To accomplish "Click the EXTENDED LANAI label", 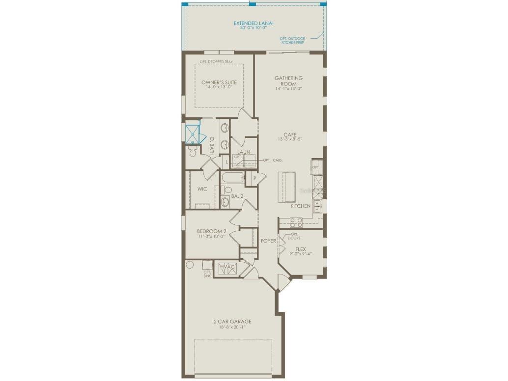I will (253, 23).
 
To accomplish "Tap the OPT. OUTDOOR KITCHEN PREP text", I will (293, 40).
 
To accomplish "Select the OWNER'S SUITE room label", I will (219, 82).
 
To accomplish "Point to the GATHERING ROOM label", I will (288, 81).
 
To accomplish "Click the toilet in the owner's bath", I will (193, 153).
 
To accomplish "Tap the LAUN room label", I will (244, 152).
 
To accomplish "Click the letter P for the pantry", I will (254, 179).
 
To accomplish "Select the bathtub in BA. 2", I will (232, 178).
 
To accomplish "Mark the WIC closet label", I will (202, 189).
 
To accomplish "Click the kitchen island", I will (287, 187).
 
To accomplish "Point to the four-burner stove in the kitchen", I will (294, 221).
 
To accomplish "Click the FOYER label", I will (268, 241).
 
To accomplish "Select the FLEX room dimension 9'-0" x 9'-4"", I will (300, 254).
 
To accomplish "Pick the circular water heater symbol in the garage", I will (190, 264).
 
